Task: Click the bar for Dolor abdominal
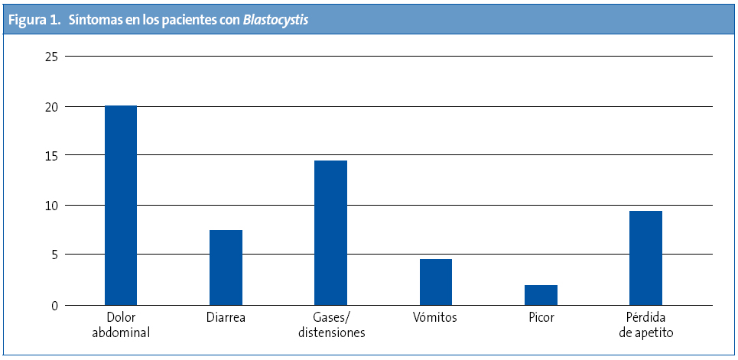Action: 121,206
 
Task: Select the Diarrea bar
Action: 226,268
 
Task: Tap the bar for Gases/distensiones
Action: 331,233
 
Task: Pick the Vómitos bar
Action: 436,282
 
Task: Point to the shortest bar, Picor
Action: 541,295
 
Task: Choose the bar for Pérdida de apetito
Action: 646,258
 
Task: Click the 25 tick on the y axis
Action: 51,57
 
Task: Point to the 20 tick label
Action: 51,107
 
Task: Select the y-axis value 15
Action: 51,156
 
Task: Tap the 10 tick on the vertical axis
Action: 51,206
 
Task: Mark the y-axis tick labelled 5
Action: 54,255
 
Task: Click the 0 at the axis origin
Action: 54,306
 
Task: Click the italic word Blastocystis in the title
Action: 276,21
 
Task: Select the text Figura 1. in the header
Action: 34,21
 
